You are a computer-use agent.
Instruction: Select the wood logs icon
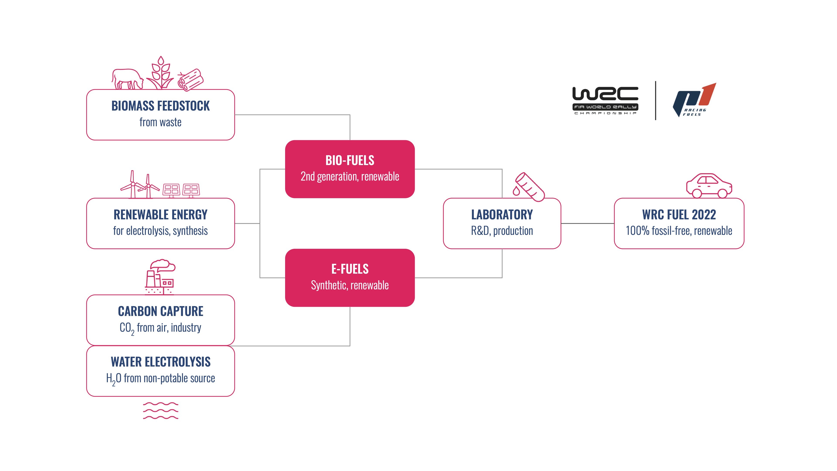point(191,80)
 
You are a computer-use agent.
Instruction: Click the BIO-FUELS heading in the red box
point(350,160)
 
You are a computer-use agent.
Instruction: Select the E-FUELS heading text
point(350,269)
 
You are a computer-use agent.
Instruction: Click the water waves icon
point(160,411)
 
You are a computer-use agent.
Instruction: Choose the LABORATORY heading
point(502,215)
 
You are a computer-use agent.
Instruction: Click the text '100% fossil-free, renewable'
point(679,231)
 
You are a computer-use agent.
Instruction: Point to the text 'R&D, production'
point(502,231)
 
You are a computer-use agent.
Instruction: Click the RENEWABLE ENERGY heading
point(160,215)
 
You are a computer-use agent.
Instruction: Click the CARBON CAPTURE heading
point(160,311)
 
